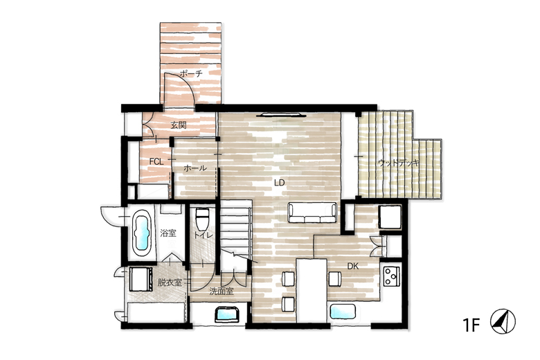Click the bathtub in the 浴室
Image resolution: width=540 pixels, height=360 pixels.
[141, 231]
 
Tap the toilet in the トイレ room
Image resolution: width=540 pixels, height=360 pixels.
[201, 219]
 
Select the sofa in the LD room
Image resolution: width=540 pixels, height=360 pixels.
[312, 213]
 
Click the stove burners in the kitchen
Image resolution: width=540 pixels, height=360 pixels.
[392, 276]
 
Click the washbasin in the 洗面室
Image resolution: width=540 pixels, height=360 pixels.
[227, 314]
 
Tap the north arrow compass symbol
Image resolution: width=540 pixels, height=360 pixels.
[503, 321]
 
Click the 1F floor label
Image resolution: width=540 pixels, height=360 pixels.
[471, 325]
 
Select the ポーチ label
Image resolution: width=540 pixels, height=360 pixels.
[190, 73]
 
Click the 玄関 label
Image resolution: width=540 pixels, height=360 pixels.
[179, 125]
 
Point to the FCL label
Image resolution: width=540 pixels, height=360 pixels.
[156, 161]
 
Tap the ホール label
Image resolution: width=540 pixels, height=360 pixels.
[195, 168]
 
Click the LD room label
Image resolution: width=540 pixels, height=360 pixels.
[279, 183]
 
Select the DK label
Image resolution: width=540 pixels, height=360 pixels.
[352, 266]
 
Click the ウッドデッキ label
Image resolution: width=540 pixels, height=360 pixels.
[399, 163]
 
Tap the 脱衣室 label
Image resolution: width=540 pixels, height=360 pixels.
[170, 282]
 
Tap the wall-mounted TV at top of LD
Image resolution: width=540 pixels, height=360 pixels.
[281, 115]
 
